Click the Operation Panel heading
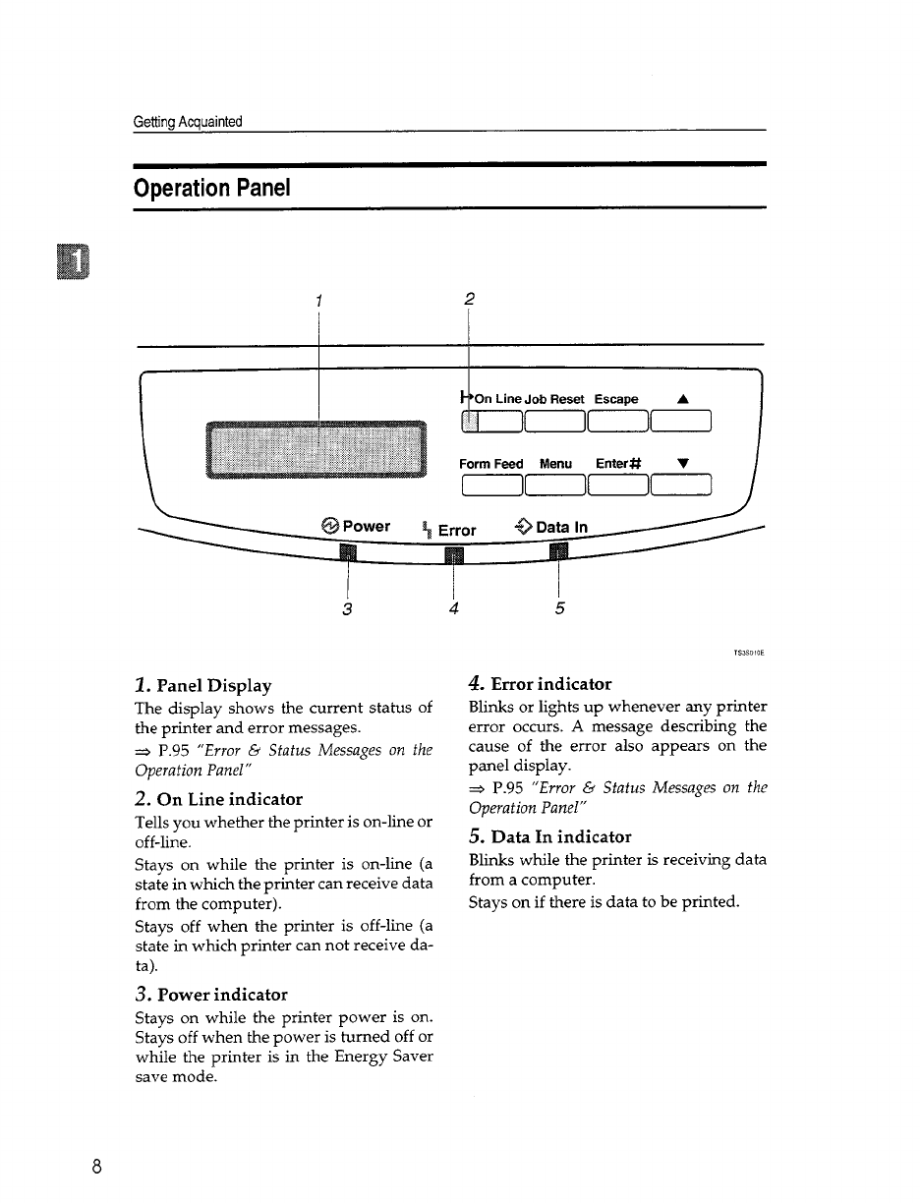pyautogui.click(x=211, y=187)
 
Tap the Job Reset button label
pyautogui.click(x=554, y=399)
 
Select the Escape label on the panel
pyautogui.click(x=616, y=399)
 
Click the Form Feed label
pyautogui.click(x=491, y=464)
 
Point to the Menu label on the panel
pyautogui.click(x=555, y=464)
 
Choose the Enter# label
pyautogui.click(x=618, y=464)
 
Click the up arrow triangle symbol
pyautogui.click(x=682, y=399)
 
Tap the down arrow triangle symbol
pyautogui.click(x=682, y=463)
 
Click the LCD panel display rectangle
pyautogui.click(x=317, y=450)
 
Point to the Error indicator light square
pyautogui.click(x=453, y=557)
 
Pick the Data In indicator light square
pyautogui.click(x=558, y=555)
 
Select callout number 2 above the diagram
pyautogui.click(x=470, y=299)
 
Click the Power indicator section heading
pyautogui.click(x=210, y=995)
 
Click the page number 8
pyautogui.click(x=96, y=1167)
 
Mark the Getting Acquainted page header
pyautogui.click(x=188, y=122)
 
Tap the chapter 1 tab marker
pyautogui.click(x=73, y=259)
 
